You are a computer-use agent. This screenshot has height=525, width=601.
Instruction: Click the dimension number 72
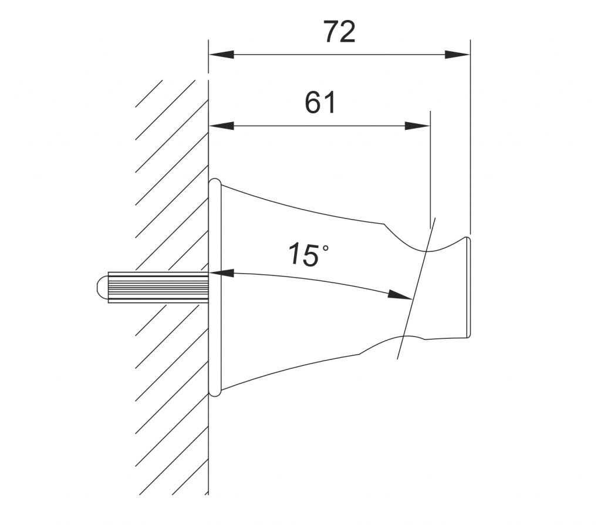[x=340, y=32]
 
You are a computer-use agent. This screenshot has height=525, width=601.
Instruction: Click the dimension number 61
[x=321, y=102]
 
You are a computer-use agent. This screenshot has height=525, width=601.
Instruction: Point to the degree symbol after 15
[x=325, y=248]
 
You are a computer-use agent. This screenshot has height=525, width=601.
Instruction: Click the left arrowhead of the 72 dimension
[x=221, y=55]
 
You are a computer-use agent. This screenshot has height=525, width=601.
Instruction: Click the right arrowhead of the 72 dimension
[x=457, y=55]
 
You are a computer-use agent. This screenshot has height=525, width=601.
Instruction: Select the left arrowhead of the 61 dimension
[x=221, y=126]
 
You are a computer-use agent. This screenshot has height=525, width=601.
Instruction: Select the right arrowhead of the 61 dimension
[x=417, y=126]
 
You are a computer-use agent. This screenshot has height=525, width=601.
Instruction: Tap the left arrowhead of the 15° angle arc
[x=221, y=273]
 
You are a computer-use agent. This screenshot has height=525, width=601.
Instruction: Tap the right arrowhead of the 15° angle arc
[x=400, y=295]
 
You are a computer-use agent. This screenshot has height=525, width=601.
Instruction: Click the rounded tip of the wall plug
[x=102, y=287]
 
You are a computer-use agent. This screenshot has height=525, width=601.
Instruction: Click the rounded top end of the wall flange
[x=215, y=182]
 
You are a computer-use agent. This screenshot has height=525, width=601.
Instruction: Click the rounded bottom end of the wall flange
[x=215, y=392]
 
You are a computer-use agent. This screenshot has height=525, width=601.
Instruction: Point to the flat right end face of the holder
[x=469, y=288]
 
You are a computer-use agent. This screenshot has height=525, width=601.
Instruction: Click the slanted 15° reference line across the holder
[x=416, y=288]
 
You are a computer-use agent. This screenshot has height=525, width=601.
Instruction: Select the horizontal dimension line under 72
[x=339, y=55]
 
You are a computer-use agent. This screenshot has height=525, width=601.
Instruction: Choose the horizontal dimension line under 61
[x=319, y=126]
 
